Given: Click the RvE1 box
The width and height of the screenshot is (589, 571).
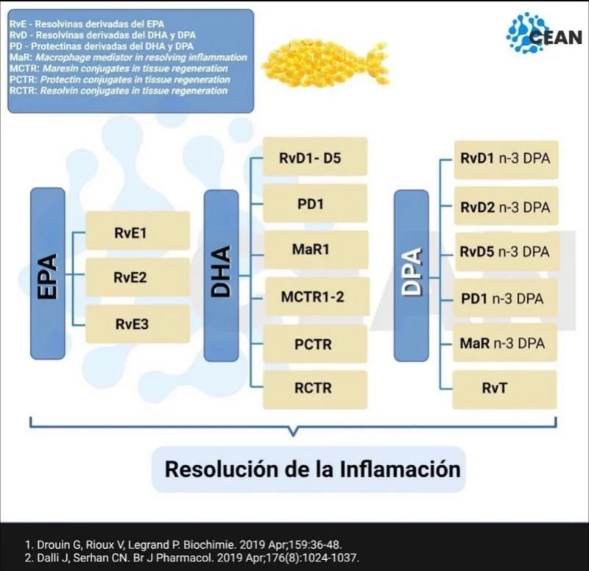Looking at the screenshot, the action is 138,231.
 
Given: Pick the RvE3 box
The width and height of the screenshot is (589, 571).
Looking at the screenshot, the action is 138,324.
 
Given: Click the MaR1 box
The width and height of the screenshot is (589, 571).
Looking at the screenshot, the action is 315,249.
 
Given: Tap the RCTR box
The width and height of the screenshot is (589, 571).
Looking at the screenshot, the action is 315,389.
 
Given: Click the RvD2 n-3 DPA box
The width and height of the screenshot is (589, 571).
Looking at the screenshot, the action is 505,206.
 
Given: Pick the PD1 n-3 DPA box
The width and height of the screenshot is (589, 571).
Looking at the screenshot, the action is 505,298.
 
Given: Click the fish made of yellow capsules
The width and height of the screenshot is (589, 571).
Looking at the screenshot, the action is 324,62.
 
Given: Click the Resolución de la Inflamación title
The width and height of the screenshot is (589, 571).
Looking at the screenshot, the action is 312,469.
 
